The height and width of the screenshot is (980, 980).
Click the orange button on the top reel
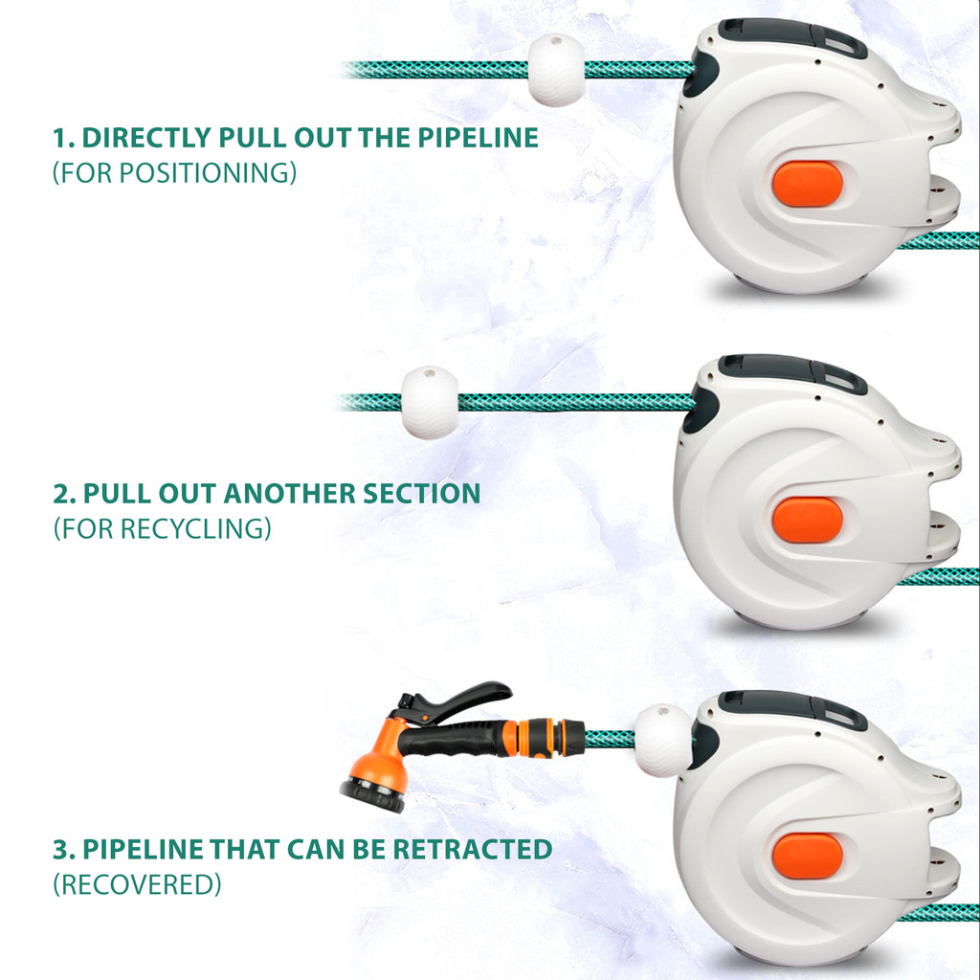point(808,184)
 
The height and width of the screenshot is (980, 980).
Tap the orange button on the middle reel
point(808,520)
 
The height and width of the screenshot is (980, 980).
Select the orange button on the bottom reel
point(808,857)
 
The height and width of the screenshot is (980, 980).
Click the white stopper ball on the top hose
point(556,70)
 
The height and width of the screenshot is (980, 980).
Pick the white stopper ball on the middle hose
point(430,403)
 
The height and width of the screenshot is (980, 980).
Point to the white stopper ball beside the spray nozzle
point(664,741)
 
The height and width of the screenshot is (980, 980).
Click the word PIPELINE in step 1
point(479,138)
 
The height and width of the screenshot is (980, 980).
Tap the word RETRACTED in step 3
point(473,850)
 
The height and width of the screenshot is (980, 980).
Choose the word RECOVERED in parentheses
point(137,885)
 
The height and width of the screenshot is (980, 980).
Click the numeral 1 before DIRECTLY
point(60,138)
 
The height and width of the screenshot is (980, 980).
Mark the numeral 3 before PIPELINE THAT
point(61,850)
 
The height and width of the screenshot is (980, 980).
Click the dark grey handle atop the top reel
point(791,36)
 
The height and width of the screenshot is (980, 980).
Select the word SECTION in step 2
point(422,494)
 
